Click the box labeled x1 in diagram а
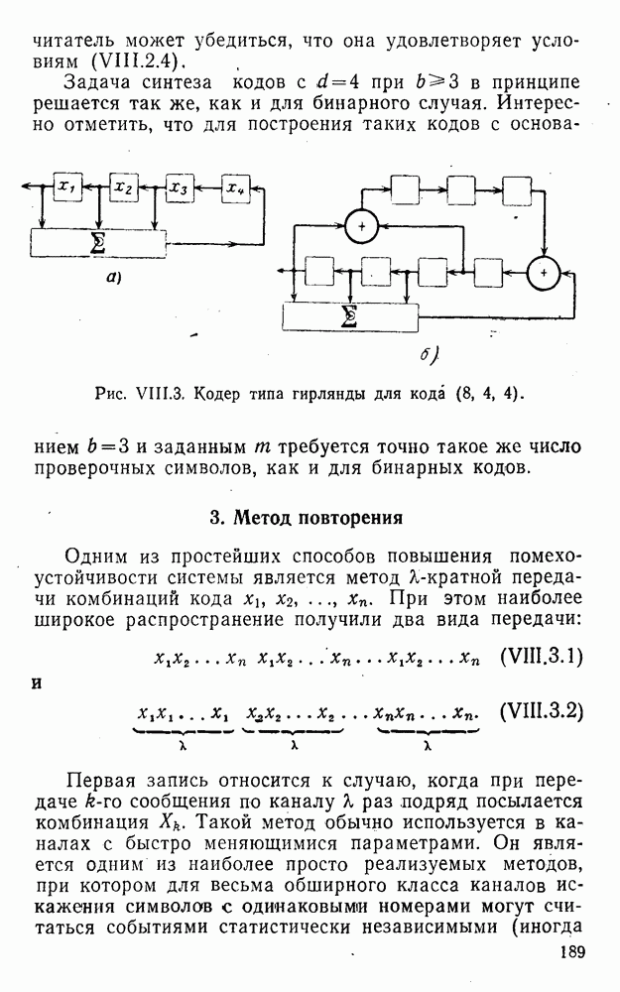67,186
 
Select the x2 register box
124,186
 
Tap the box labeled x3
180,187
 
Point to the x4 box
236,186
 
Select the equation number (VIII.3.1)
541,657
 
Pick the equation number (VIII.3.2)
542,711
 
